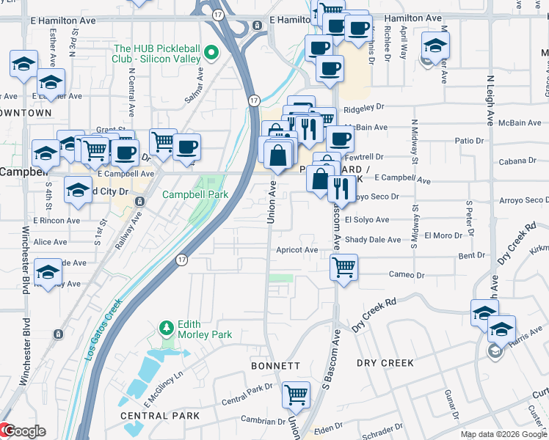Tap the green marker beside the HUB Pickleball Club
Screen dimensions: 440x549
pos(211,52)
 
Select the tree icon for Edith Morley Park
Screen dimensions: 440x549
pos(167,327)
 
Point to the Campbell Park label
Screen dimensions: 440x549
pos(194,194)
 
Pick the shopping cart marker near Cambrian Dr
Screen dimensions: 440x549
pos(296,394)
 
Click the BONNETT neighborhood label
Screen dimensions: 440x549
pos(275,365)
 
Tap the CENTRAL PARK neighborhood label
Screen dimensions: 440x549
pos(159,416)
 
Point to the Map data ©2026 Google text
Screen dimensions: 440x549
pos(503,434)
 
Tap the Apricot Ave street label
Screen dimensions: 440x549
pos(297,249)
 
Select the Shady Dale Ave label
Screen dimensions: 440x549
pos(373,239)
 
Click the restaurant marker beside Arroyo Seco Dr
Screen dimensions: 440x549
pos(341,188)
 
